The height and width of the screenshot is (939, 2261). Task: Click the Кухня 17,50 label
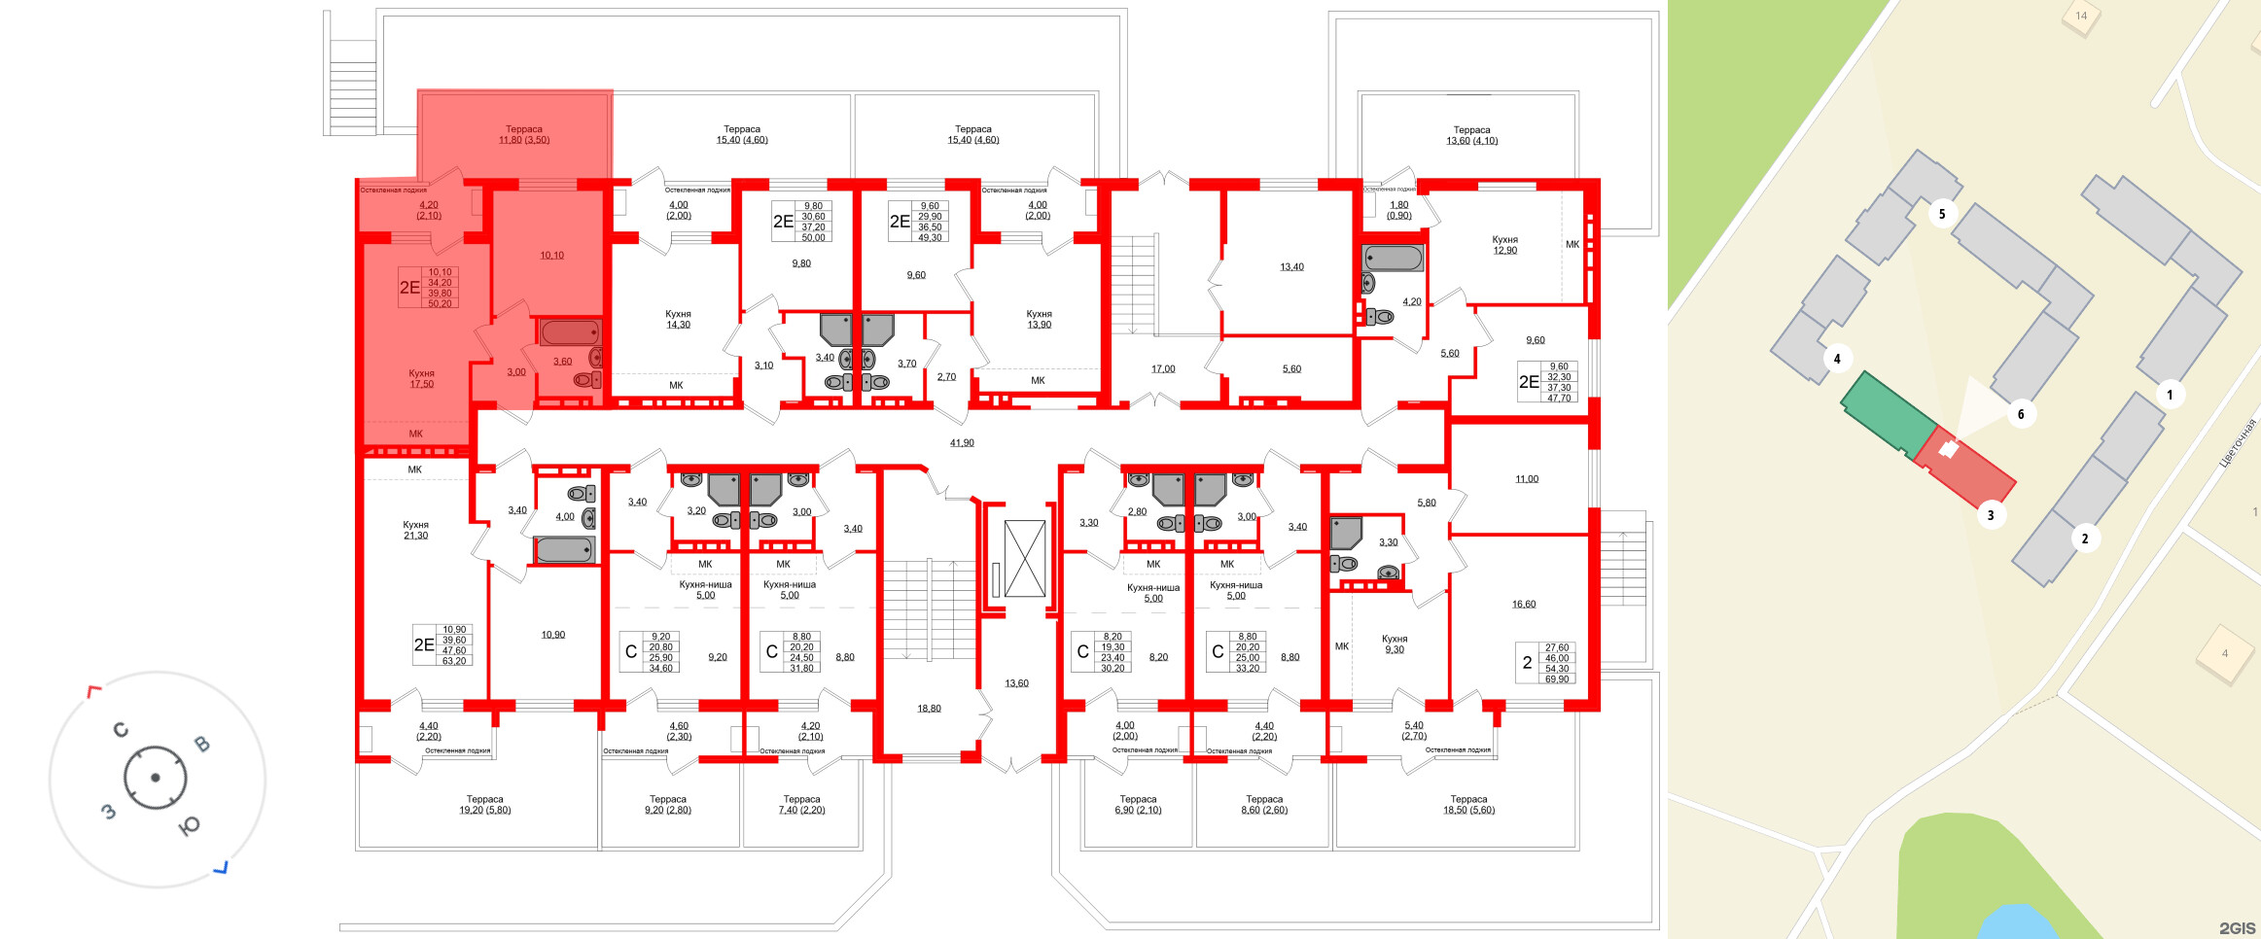click(421, 379)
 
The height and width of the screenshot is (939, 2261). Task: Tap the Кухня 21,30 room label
click(415, 530)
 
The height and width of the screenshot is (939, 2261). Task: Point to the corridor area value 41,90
click(962, 443)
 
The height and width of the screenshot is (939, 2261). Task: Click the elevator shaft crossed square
click(1024, 559)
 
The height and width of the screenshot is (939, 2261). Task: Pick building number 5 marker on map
click(1942, 214)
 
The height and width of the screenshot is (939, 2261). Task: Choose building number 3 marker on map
click(1991, 515)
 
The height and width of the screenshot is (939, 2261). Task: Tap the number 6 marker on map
click(2021, 414)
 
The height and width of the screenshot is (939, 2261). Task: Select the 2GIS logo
click(2237, 928)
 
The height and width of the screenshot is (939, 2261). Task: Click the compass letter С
click(121, 729)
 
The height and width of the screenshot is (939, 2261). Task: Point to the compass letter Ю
click(190, 825)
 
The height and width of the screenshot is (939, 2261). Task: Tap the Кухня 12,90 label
click(1504, 245)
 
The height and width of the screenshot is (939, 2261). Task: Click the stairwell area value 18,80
click(929, 709)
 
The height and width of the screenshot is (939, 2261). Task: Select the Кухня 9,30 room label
click(1395, 644)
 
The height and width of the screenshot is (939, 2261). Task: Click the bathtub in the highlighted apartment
click(570, 332)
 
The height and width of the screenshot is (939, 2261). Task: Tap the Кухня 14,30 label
click(678, 320)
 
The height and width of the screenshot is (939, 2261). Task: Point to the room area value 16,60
click(1524, 605)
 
